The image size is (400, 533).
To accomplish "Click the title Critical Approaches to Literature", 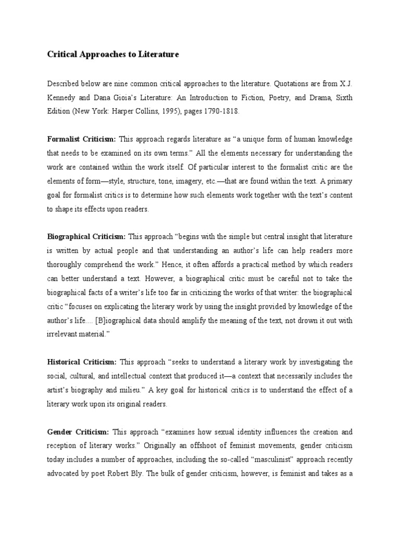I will pos(113,54).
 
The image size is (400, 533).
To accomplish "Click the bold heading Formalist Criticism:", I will pos(82,139).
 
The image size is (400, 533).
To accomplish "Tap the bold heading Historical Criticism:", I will pos(82,362).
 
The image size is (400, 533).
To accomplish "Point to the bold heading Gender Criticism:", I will pos(78,432).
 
